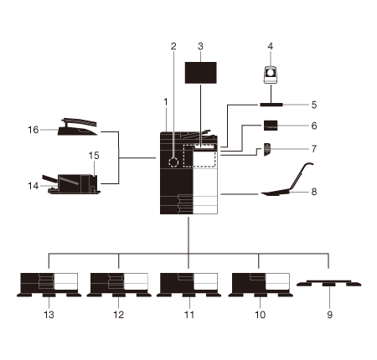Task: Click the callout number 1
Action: point(166,102)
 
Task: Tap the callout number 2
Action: point(173,46)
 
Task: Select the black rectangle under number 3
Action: point(201,73)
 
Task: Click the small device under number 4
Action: point(271,75)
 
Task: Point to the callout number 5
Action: point(314,105)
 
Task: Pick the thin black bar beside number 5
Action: point(271,105)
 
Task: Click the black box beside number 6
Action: point(271,126)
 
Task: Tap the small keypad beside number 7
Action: point(267,149)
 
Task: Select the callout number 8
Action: point(314,192)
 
